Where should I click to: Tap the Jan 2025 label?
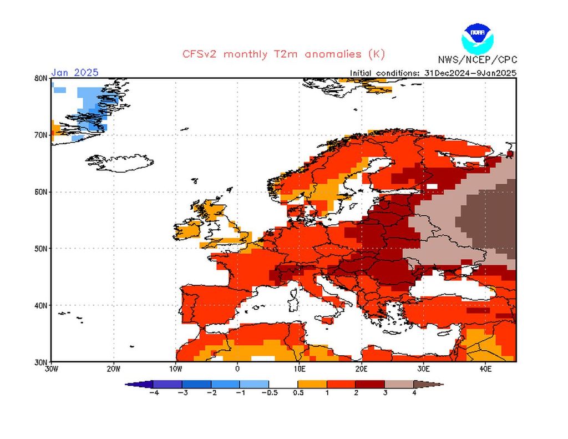[x=75, y=72]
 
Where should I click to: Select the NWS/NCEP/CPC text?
[x=477, y=59]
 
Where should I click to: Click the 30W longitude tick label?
[x=51, y=369]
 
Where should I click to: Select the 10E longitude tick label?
[x=299, y=369]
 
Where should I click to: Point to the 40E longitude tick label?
[x=484, y=369]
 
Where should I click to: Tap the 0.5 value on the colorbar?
[x=298, y=393]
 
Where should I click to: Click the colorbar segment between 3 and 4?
[x=399, y=384]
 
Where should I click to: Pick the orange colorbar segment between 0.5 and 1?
[x=312, y=384]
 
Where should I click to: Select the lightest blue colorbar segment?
[x=254, y=384]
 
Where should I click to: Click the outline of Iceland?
[x=119, y=163]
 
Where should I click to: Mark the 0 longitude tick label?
[x=237, y=369]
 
